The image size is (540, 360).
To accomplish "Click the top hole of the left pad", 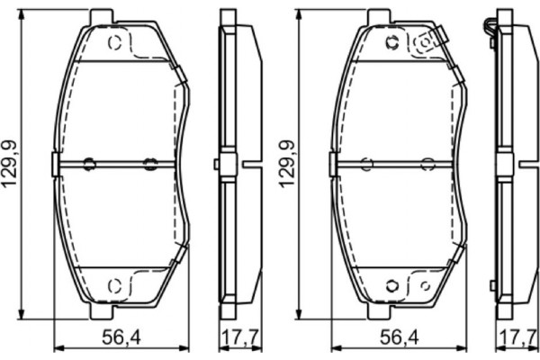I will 114,42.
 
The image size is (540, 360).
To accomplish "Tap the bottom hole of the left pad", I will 114,286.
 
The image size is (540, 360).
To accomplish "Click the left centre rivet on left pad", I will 89,164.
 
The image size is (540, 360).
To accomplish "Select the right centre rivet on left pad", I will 150,164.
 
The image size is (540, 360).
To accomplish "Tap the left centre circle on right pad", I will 365,164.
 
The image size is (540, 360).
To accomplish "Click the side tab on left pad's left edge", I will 56,164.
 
